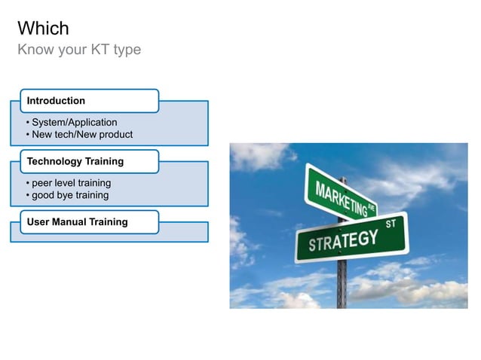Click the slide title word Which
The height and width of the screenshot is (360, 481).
point(43,29)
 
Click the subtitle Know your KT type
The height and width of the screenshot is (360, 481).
point(79,50)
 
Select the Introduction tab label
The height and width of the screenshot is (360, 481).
point(56,101)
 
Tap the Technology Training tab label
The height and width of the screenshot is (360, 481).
point(75,161)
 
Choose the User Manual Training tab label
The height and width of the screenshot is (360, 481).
point(77,221)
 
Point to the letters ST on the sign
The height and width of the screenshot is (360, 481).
point(391,224)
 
